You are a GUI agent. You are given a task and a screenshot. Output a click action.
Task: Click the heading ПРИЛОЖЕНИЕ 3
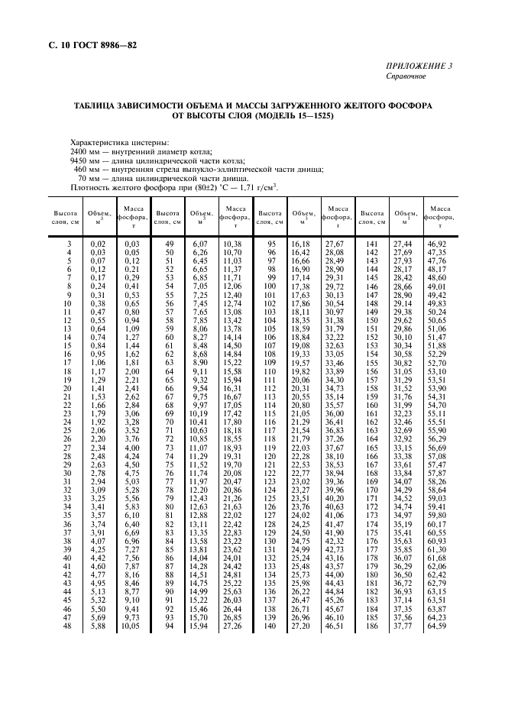pos(419,66)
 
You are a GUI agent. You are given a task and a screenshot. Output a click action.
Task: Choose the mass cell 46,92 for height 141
pos(437,243)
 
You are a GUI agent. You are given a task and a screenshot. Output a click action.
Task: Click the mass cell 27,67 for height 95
pos(335,243)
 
